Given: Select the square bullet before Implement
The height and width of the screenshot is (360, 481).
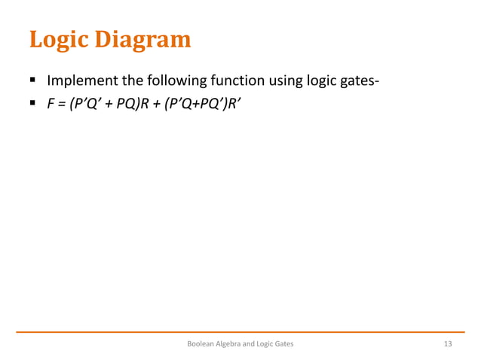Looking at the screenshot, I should [35, 81].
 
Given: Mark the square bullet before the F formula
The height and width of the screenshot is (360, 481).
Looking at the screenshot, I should [35, 105].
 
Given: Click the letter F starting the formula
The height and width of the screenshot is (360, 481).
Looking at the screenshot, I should [51, 105].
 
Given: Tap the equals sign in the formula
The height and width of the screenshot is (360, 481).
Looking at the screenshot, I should [61, 105].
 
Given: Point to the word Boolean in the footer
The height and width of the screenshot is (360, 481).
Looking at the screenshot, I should [201, 344].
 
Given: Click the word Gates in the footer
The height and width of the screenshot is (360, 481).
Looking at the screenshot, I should [283, 344].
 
